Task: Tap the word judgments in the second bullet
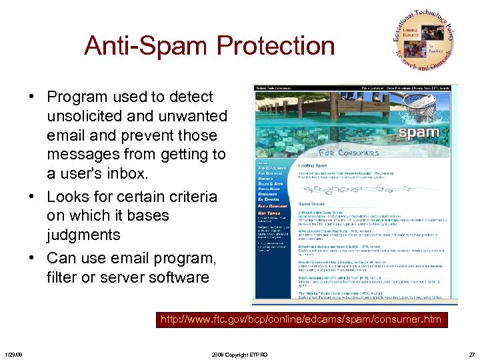coord(83,235)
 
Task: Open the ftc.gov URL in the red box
coord(301,319)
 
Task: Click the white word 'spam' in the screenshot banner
coord(418,131)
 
